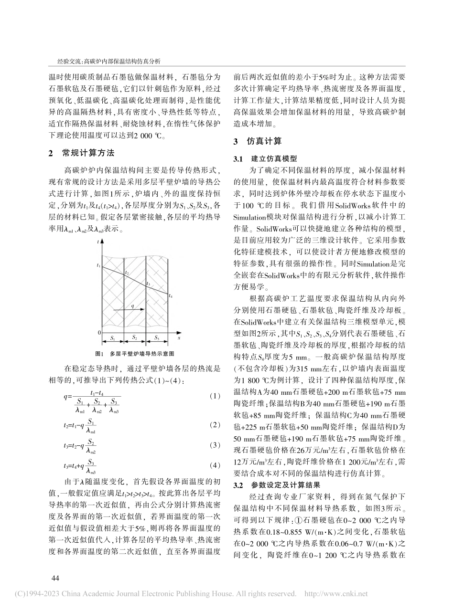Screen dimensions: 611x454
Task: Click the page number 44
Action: [x=54, y=579]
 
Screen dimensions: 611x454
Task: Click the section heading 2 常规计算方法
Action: [x=81, y=153]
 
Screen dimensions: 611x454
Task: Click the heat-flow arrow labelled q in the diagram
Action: [x=134, y=309]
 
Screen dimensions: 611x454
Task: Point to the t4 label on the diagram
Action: [x=171, y=296]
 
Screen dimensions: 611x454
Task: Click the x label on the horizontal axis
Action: [x=178, y=337]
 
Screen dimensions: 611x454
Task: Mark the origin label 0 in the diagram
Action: [x=99, y=332]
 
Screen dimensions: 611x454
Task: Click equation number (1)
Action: [x=216, y=396]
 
